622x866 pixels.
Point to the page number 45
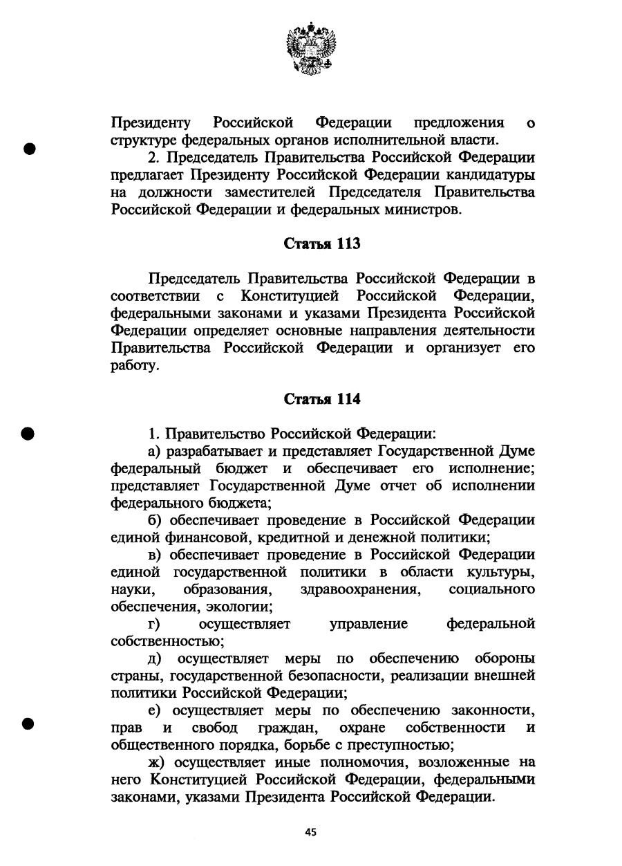pos(310,832)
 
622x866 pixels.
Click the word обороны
pos(504,657)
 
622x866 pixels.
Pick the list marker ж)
pos(158,762)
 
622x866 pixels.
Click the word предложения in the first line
pos(449,123)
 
